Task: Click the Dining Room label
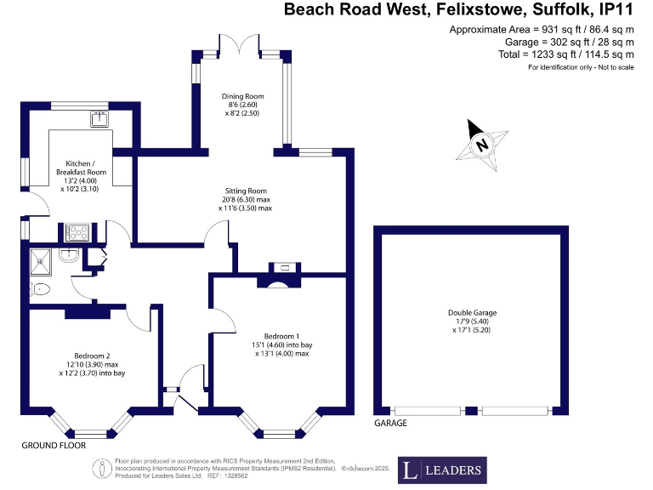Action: (241, 97)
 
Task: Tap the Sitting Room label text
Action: (246, 191)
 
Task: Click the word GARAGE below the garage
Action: (391, 423)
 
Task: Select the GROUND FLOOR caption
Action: (53, 445)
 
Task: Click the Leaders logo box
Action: (443, 469)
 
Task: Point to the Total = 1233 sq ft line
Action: (566, 54)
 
